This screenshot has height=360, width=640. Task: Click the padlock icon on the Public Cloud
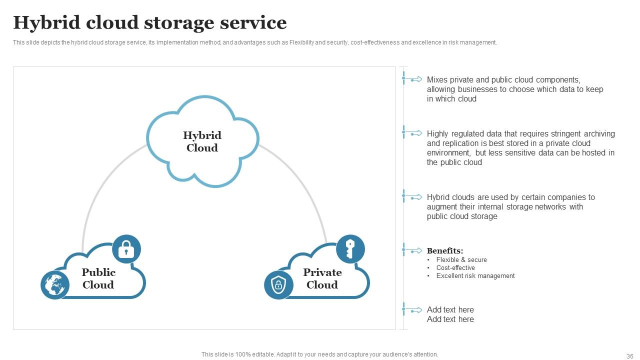pyautogui.click(x=126, y=248)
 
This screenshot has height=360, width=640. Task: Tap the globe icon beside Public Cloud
pyautogui.click(x=54, y=284)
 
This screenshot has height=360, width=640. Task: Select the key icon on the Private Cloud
pyautogui.click(x=350, y=248)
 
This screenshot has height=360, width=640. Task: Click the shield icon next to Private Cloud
pyautogui.click(x=278, y=284)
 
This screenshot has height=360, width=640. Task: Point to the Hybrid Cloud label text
pyautogui.click(x=202, y=141)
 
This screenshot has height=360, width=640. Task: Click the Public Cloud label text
pyautogui.click(x=98, y=278)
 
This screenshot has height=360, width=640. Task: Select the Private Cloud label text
pyautogui.click(x=322, y=278)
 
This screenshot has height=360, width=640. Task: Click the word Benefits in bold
pyautogui.click(x=445, y=251)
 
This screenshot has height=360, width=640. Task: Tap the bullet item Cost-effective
pyautogui.click(x=455, y=268)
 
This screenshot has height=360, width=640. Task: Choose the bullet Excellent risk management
pyautogui.click(x=475, y=276)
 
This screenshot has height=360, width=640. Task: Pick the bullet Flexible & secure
pyautogui.click(x=461, y=260)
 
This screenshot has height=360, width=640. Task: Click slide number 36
pyautogui.click(x=629, y=356)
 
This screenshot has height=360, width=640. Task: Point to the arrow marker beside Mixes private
pyautogui.click(x=413, y=79)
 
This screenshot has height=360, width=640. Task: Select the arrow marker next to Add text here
pyautogui.click(x=413, y=310)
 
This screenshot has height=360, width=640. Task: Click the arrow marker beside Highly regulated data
pyautogui.click(x=413, y=133)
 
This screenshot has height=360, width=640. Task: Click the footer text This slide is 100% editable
pyautogui.click(x=319, y=354)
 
